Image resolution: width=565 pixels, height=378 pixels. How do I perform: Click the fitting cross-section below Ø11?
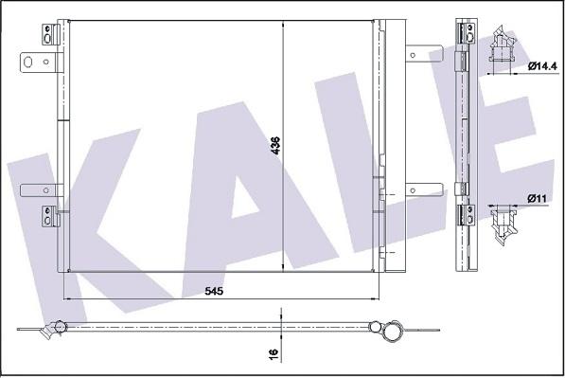coord(502,225)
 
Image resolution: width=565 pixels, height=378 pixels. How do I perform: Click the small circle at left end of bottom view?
coord(60,329)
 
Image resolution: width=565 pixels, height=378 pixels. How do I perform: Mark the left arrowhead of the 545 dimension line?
coord(67,300)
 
